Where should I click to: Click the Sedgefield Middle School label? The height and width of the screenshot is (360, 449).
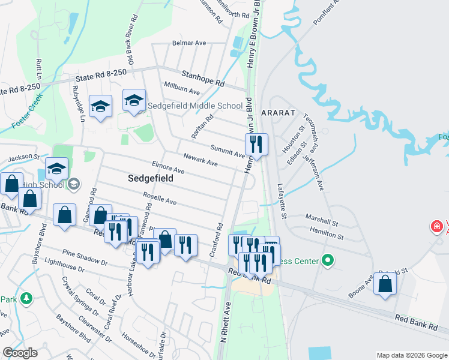coord(196,106)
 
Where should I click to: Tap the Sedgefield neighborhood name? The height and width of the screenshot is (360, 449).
coord(151,178)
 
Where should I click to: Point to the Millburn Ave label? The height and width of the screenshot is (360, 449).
coord(181,90)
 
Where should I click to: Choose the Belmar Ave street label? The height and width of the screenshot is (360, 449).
coord(189,43)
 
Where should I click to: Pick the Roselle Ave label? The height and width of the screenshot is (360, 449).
coord(160,198)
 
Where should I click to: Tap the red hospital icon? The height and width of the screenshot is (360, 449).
coord(436,227)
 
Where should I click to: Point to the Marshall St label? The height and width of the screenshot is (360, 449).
coord(322,219)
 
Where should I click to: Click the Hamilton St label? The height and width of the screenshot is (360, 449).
coord(326,233)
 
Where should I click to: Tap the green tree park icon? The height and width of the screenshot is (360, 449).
coord(26,298)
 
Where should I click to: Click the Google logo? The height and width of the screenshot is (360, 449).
coord(19,353)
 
